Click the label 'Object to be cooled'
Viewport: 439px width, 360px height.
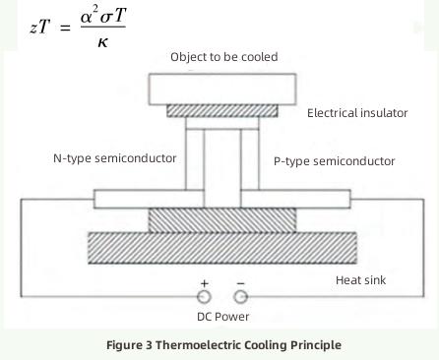(x=223, y=57)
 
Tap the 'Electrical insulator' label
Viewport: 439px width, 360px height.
(x=357, y=113)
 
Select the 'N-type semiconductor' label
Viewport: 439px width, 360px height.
(x=115, y=157)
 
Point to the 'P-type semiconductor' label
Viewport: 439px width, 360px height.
(x=334, y=160)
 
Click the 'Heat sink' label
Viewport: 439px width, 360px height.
(x=361, y=280)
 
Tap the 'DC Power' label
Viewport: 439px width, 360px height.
(x=223, y=317)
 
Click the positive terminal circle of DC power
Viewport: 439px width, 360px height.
(x=205, y=296)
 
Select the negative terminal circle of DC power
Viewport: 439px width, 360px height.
(x=240, y=296)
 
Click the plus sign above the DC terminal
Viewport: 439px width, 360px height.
(x=205, y=283)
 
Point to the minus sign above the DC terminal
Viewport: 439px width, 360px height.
(x=240, y=283)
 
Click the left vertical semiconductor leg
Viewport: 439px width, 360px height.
(x=194, y=157)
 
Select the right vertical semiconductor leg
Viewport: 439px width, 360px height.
(x=249, y=157)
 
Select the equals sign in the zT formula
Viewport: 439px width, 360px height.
(x=66, y=28)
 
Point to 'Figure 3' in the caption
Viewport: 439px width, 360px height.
(x=129, y=345)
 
